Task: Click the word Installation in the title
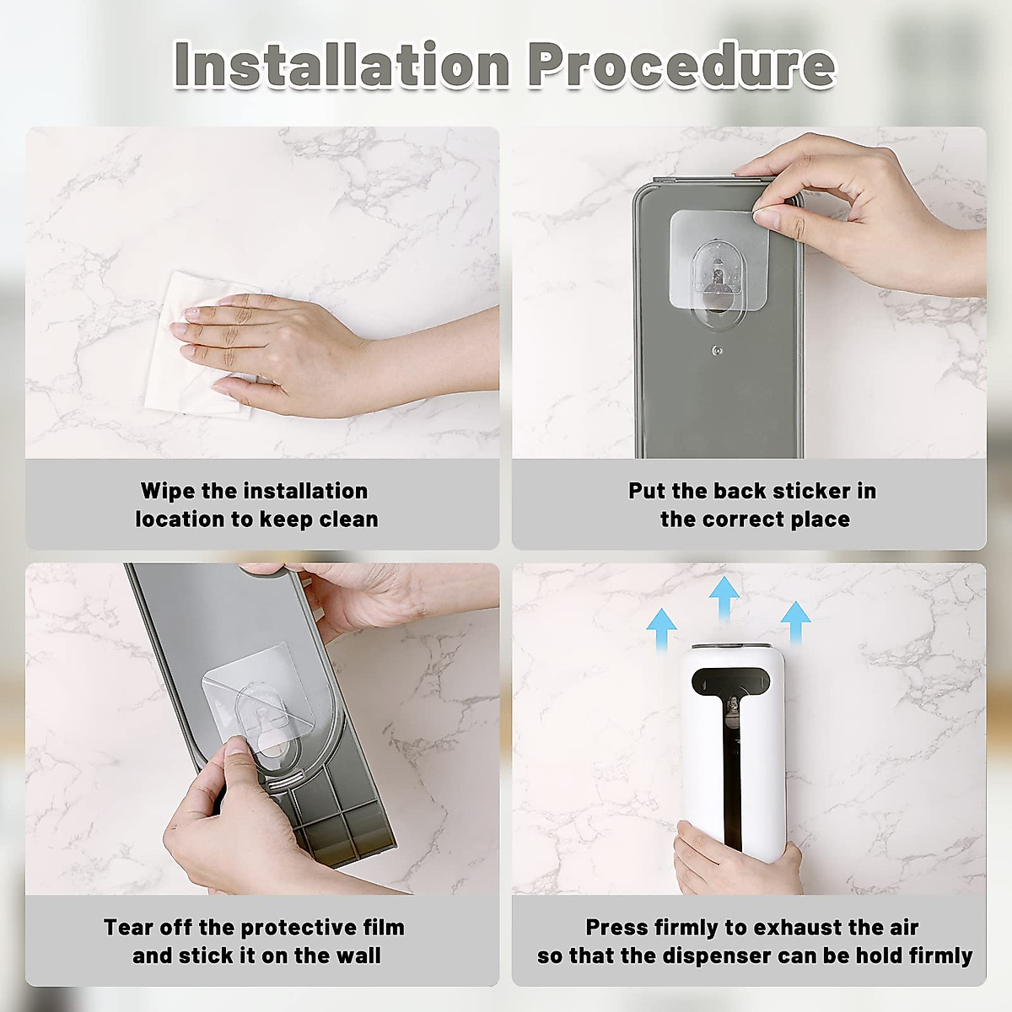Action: coord(342,65)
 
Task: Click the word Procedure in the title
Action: coord(681,65)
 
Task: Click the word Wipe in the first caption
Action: coord(168,491)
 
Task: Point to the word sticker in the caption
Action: coord(786,491)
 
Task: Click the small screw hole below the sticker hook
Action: coord(716,348)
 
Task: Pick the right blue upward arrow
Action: coord(795,623)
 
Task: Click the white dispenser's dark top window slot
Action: coord(732,680)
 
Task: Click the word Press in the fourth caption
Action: coord(616,928)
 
